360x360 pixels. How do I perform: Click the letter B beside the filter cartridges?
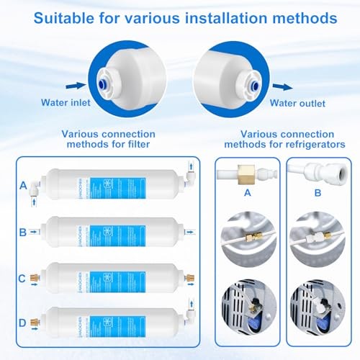23,233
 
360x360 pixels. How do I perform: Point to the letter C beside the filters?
23,276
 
